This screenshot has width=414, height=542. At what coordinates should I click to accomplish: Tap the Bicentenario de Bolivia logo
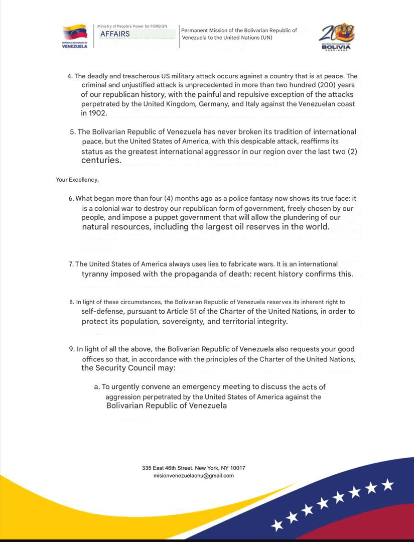(x=337, y=38)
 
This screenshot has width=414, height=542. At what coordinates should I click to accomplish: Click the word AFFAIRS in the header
(x=115, y=34)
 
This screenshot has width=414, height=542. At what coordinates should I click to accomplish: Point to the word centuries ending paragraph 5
(x=101, y=161)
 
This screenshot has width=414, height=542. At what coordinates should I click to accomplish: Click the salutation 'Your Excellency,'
(x=77, y=179)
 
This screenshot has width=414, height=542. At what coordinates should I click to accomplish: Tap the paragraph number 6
(x=71, y=198)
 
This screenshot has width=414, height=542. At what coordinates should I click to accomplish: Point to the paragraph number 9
(x=72, y=349)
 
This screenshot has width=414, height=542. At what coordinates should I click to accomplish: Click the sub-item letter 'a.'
(x=97, y=387)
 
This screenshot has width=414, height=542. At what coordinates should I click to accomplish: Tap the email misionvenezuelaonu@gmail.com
(x=193, y=476)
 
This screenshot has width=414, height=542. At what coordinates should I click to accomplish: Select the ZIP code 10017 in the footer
(x=238, y=468)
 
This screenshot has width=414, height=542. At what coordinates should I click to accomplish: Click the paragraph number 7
(x=71, y=264)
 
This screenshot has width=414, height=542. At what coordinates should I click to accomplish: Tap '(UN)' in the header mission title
(x=265, y=38)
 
